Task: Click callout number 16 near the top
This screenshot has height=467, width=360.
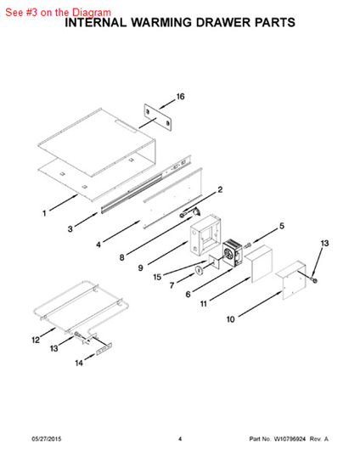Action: (179, 98)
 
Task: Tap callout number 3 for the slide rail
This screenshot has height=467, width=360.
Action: (71, 229)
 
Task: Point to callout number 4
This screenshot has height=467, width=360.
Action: (98, 245)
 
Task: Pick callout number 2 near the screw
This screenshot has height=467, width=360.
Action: (220, 190)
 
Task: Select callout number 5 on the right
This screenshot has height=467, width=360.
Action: (282, 227)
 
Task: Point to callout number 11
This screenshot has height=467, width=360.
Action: (204, 303)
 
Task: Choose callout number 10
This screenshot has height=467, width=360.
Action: (231, 320)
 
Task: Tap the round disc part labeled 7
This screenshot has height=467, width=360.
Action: (198, 271)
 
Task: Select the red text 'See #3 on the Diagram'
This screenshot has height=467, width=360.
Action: (58, 12)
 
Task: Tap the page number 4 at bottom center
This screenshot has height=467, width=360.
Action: (180, 438)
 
